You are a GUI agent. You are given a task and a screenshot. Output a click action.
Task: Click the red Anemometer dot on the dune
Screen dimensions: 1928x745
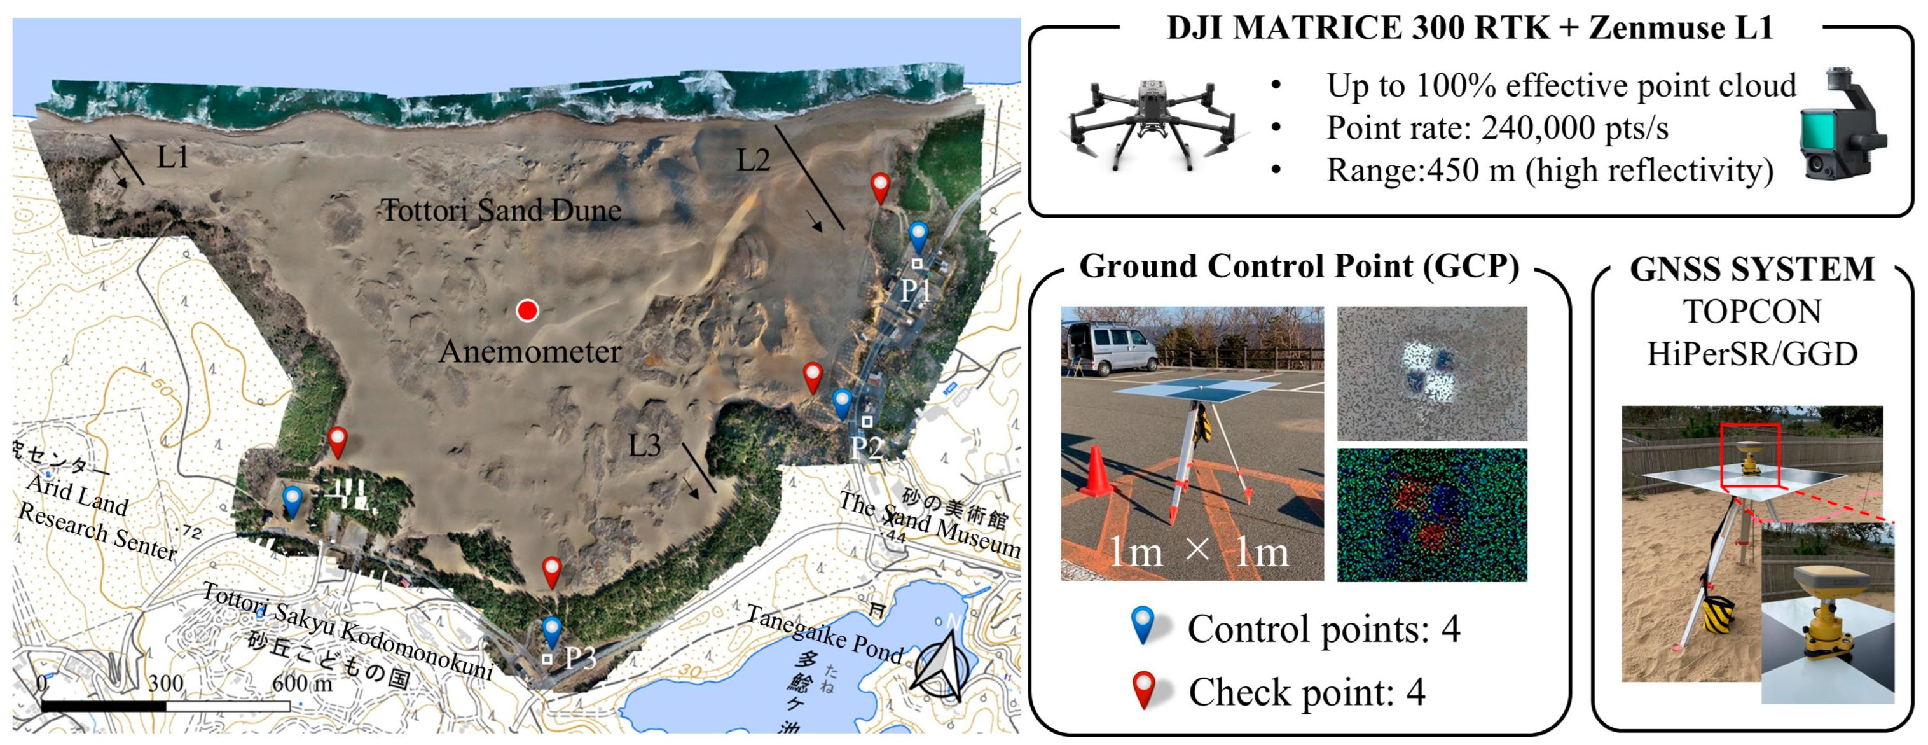click(x=528, y=310)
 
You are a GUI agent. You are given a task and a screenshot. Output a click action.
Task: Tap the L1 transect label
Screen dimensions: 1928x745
click(x=172, y=157)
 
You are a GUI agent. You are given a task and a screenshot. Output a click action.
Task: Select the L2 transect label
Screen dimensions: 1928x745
click(x=753, y=160)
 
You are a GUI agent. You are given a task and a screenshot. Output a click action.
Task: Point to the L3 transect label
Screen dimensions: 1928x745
click(x=644, y=446)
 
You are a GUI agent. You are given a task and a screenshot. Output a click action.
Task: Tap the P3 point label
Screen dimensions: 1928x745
click(x=580, y=658)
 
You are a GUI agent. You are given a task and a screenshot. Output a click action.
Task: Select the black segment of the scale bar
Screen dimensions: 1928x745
click(x=104, y=706)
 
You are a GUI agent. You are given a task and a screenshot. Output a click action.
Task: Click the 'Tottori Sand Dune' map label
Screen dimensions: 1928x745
click(x=502, y=211)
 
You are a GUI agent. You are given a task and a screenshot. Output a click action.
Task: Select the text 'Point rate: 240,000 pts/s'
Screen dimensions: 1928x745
click(x=1497, y=128)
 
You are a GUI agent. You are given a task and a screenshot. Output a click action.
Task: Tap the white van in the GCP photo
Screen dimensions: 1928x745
click(x=1106, y=349)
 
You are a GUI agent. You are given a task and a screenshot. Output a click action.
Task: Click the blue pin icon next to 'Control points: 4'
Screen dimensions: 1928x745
click(x=1143, y=626)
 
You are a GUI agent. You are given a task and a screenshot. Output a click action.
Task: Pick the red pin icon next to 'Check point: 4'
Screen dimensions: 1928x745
click(x=1143, y=690)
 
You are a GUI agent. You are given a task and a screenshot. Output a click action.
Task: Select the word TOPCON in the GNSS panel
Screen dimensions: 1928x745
click(x=1751, y=312)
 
